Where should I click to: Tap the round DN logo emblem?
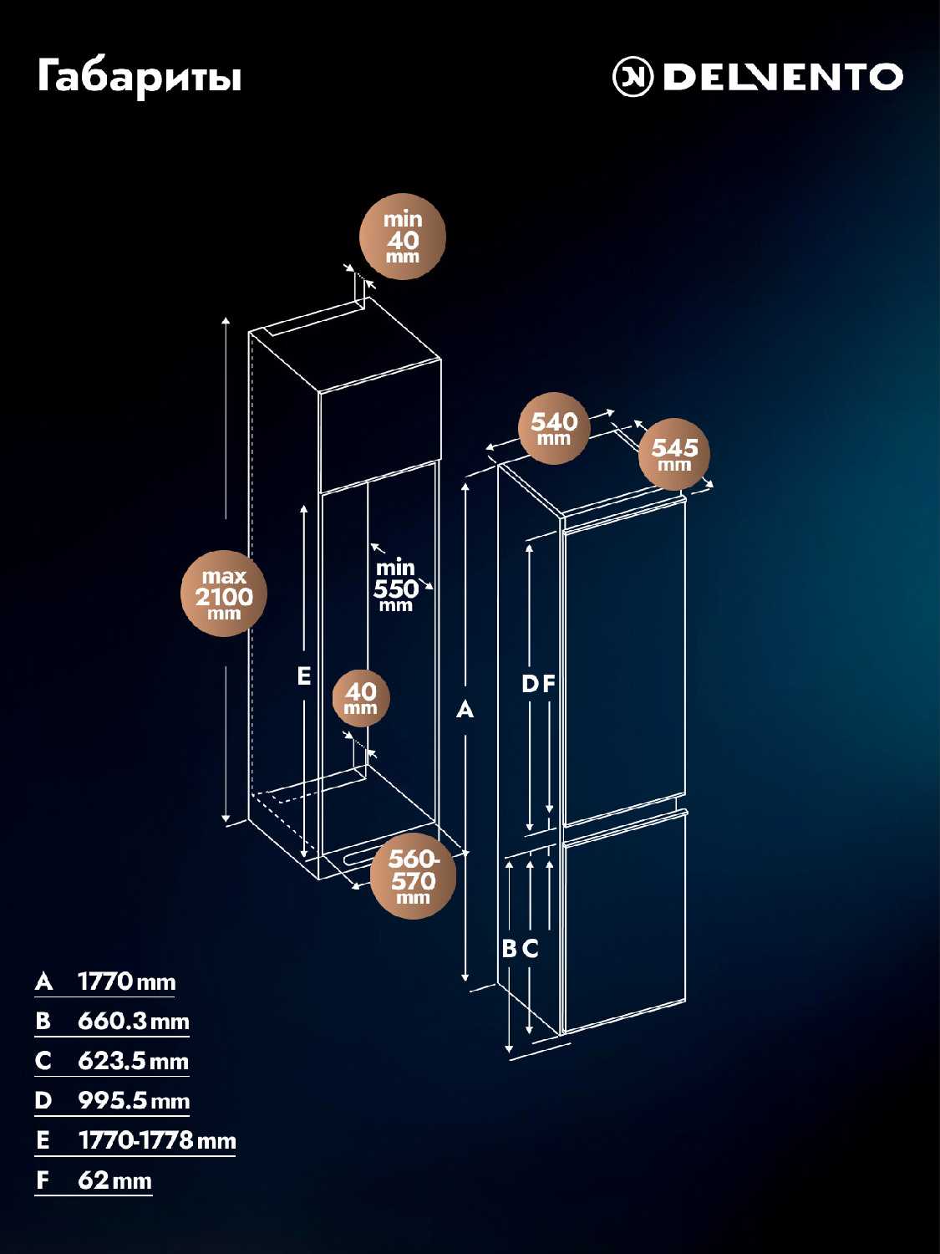pos(633,77)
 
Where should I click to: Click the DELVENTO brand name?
pos(783,77)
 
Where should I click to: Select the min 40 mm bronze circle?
pos(403,237)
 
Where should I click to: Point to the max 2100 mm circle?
pos(224,594)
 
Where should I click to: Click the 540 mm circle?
pos(554,428)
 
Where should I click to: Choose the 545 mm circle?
pos(674,454)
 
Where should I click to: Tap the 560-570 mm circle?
pos(413,876)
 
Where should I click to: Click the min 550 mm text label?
pos(395,585)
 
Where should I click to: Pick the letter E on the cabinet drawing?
pos(304,676)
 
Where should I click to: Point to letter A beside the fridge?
pos(465,710)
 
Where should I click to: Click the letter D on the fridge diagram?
pos(531,684)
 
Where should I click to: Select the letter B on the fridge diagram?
pos(509,949)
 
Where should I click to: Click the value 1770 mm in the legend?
pos(127,982)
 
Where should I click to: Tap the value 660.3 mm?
pos(134,1022)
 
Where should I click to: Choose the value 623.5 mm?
pos(134,1062)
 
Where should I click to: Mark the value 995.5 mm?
pos(134,1101)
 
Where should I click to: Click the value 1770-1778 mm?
pos(157,1141)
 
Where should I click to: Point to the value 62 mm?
pos(114,1180)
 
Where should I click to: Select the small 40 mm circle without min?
pos(361,698)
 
